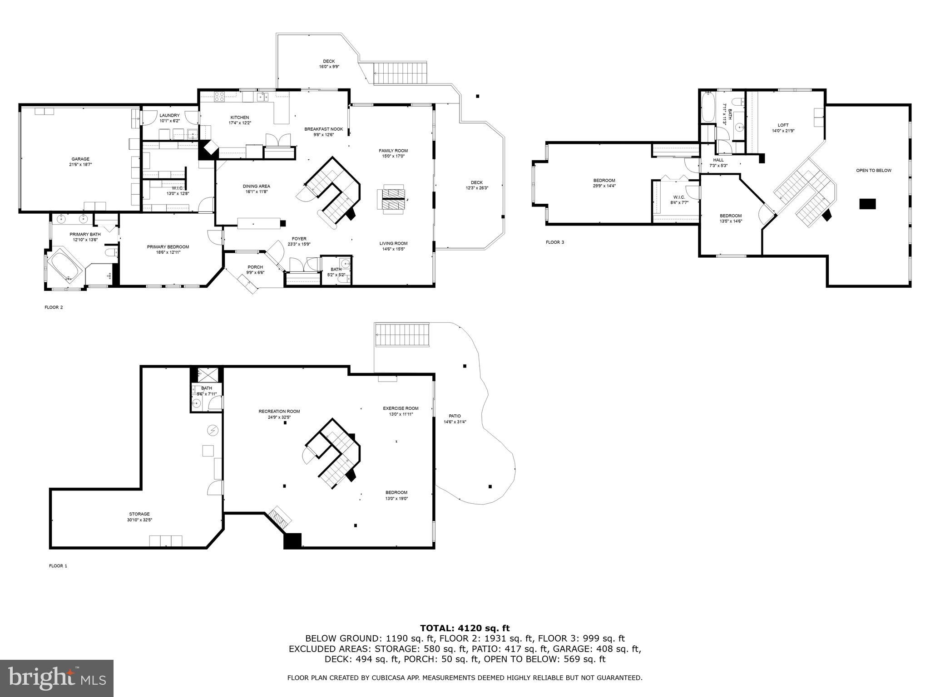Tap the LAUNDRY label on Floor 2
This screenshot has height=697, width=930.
169,115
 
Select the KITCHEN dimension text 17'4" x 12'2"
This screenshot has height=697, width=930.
239,123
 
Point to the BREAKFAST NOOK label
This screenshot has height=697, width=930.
323,129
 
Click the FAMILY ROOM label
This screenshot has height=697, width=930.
393,151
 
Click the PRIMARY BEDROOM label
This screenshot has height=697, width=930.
168,247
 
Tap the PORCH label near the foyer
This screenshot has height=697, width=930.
255,267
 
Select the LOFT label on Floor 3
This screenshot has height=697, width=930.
783,125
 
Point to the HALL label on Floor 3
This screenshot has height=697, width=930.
718,160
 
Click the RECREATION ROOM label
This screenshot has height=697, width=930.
279,411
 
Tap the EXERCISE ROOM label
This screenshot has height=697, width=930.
401,408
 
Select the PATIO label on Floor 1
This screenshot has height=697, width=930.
455,416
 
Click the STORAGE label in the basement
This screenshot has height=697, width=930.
139,514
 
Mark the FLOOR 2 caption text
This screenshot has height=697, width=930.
54,307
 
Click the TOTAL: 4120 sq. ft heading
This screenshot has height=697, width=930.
465,628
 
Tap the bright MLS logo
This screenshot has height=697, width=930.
57,678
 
